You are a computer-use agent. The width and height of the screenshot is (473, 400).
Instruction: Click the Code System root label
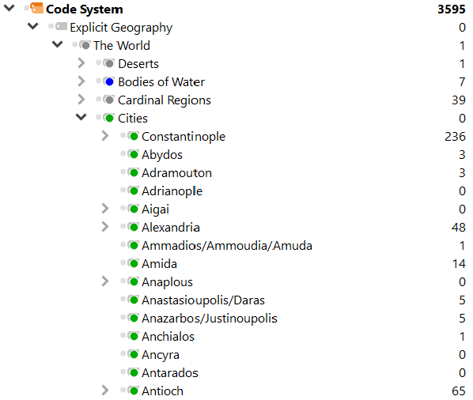point(84,9)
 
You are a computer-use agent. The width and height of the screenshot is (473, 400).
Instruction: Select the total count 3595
point(452,9)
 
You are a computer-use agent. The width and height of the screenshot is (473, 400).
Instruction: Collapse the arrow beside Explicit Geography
point(33,26)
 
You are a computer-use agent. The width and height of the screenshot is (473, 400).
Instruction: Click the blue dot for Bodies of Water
point(109,81)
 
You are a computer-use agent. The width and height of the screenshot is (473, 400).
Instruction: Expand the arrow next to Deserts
point(81,63)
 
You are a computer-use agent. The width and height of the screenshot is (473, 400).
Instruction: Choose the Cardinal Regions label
point(164,100)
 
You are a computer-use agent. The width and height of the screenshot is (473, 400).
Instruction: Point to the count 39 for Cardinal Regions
point(459,100)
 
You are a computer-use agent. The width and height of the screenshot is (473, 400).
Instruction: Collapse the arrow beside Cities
point(81,117)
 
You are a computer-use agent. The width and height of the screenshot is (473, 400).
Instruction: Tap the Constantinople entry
point(184,137)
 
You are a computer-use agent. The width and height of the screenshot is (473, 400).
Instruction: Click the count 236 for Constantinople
point(455,137)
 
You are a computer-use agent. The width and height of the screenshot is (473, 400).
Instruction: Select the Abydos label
point(162,155)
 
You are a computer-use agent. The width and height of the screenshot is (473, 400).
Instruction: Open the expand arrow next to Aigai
point(105,209)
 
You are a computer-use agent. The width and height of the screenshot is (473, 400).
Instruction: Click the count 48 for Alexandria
point(459,228)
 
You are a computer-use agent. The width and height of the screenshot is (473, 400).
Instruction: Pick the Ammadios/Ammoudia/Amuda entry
point(227,246)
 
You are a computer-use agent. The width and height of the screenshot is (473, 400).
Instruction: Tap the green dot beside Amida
point(134,263)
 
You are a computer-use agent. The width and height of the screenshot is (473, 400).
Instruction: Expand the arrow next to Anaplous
point(105,281)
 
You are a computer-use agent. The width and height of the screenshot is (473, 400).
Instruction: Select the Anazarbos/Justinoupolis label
point(210,319)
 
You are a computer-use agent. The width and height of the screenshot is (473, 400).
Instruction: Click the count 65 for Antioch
point(459,391)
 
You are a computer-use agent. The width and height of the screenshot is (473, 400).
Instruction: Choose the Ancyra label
point(161,355)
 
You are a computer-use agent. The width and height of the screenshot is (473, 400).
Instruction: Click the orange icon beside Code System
point(37,8)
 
